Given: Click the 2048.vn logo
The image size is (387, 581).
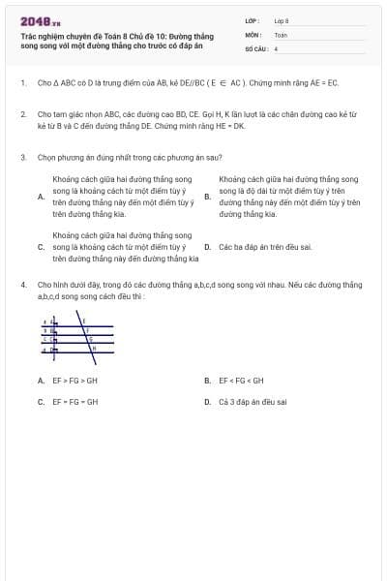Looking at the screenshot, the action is (40, 21).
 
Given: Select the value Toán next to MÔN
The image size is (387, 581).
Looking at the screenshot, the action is (281, 34).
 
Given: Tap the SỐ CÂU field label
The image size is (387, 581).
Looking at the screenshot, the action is (255, 47).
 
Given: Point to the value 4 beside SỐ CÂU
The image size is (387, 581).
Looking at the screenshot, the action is (276, 47).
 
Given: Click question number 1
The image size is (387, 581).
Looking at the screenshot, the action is (22, 83).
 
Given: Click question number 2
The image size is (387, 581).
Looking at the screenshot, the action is (22, 114).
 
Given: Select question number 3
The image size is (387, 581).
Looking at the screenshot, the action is (22, 156).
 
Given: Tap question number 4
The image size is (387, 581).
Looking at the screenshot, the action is (22, 285).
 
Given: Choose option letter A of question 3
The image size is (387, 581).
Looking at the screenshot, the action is (41, 197).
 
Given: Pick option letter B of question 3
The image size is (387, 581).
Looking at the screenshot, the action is (207, 197).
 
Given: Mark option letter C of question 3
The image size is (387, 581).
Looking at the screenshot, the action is (41, 247).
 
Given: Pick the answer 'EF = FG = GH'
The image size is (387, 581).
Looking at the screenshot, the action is (75, 402).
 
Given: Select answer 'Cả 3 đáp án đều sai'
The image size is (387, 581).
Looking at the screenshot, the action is (253, 402).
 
